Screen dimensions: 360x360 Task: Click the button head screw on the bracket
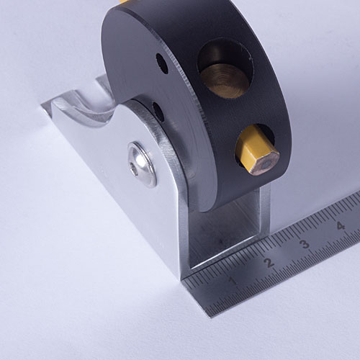142,164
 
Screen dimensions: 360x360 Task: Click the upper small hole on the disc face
162,63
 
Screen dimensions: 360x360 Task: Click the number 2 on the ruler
269,263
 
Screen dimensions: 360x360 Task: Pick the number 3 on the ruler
305,244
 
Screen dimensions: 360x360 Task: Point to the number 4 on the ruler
341,225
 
